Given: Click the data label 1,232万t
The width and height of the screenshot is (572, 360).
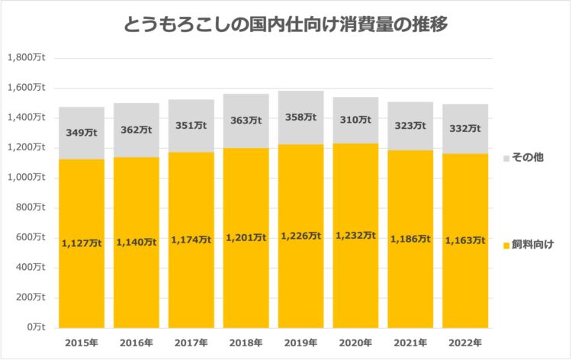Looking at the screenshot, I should [x=355, y=236].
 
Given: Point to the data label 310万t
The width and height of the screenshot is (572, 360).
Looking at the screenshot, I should [x=355, y=121].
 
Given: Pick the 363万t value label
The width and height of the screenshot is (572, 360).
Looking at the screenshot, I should [x=246, y=121].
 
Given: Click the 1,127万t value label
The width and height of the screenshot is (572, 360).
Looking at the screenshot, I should [x=82, y=243].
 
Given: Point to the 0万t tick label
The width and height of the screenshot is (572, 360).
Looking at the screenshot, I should [x=35, y=327].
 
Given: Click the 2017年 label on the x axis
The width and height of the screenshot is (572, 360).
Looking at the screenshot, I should [x=191, y=342].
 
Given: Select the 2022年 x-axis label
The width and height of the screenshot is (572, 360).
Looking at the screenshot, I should [x=465, y=342].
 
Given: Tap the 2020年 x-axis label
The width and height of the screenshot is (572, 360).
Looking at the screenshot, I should [x=355, y=342].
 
